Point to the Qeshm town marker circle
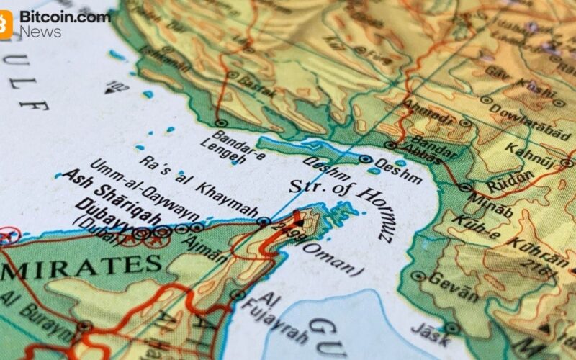pyautogui.click(x=366, y=160)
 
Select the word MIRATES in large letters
pyautogui.click(x=83, y=268)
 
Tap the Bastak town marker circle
pyautogui.click(x=233, y=74)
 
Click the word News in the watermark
pyautogui.click(x=40, y=31)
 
